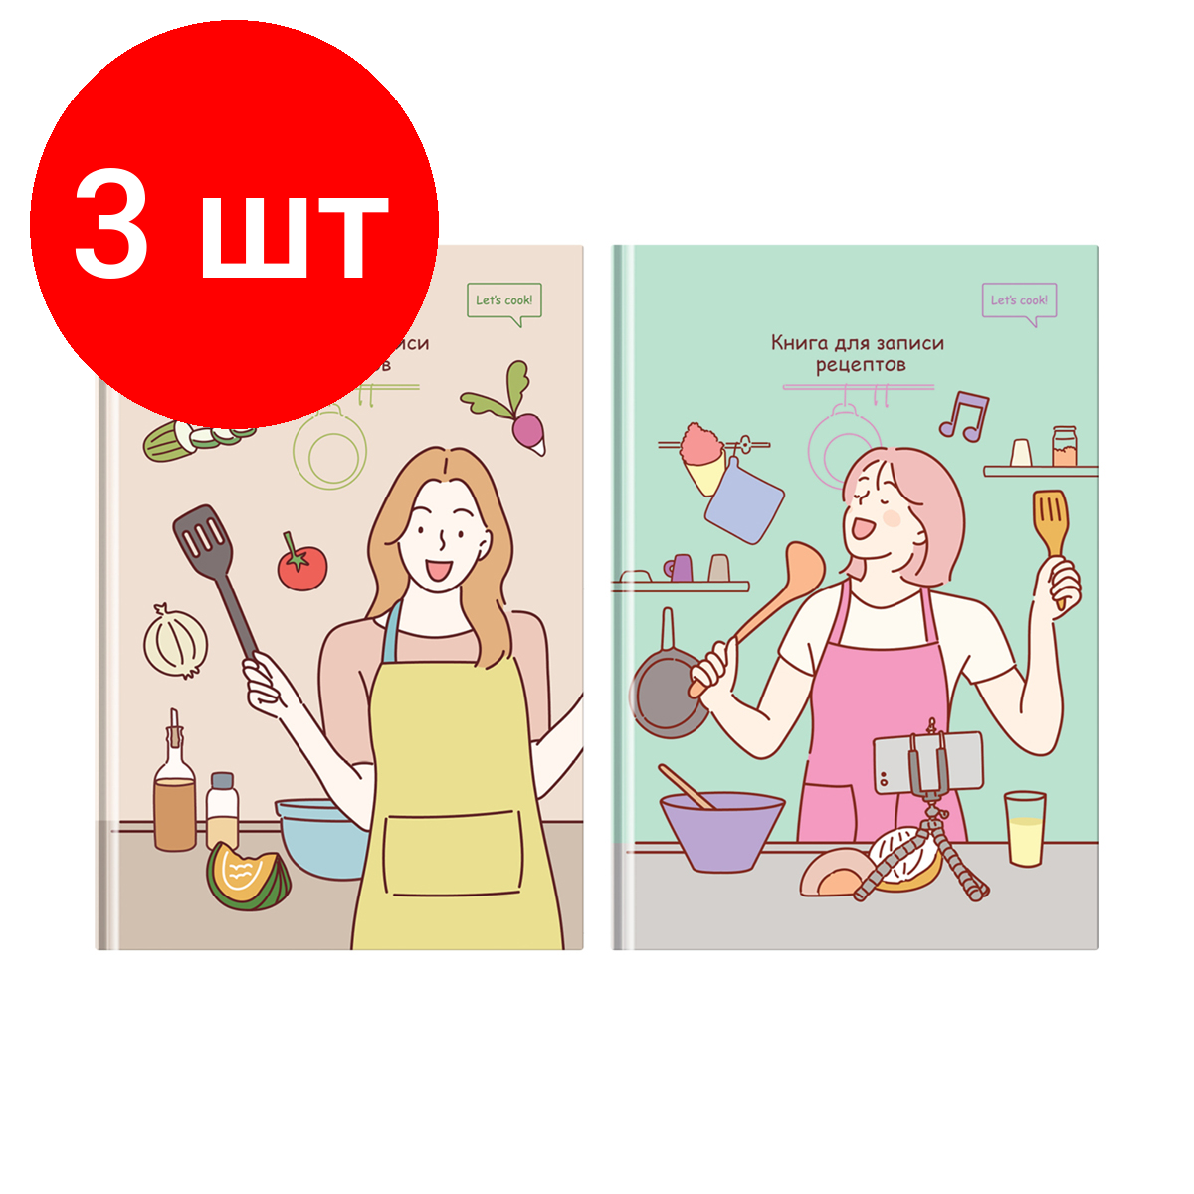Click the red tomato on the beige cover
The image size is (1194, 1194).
coord(301,566)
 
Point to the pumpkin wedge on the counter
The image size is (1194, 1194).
coord(248,877)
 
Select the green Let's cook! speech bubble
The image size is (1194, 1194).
coord(504,300)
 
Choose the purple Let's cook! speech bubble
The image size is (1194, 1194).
coord(1019,300)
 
